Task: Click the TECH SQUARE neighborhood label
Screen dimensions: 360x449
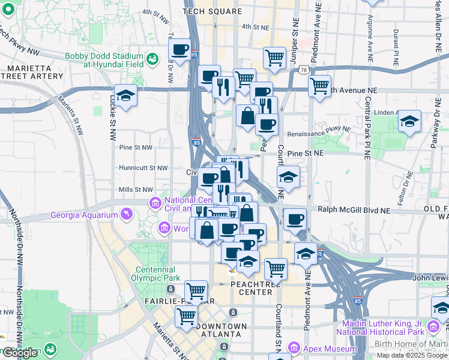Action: coord(212,11)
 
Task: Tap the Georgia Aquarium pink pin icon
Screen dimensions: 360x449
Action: coord(126,214)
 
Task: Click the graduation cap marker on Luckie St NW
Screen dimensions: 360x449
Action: coord(126,95)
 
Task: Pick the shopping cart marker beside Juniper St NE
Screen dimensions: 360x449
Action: coord(274,58)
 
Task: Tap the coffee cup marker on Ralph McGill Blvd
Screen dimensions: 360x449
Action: coord(294,219)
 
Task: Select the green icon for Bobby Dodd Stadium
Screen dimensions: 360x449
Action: coord(152,59)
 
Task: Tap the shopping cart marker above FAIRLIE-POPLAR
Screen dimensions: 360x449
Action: coord(196,292)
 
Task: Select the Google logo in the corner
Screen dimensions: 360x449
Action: coord(20,353)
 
